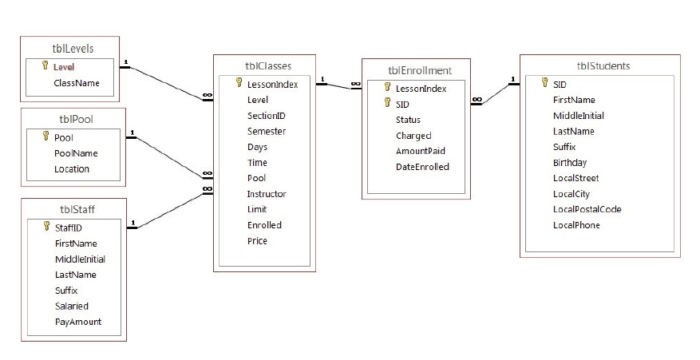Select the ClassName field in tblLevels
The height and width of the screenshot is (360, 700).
77,82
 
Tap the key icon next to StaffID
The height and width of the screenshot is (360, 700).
46,227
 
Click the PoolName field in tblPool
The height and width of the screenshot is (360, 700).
76,153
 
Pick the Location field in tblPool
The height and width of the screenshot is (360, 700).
72,168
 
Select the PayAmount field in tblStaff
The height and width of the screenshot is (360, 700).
78,322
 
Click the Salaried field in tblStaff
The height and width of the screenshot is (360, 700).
72,306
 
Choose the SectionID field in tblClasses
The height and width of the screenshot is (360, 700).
267,116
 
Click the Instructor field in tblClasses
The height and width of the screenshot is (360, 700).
267,194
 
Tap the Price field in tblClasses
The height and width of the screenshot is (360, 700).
257,241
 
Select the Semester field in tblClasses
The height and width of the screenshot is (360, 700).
267,131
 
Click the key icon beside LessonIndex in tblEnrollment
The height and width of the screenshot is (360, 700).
388,88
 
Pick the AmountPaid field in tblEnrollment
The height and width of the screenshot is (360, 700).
421,151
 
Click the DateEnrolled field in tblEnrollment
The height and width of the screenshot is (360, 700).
423,167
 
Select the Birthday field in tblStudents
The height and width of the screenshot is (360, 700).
570,162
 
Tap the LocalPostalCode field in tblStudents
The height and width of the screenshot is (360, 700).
587,209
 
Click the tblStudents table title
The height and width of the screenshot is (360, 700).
599,65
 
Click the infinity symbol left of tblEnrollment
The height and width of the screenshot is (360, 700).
355,84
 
